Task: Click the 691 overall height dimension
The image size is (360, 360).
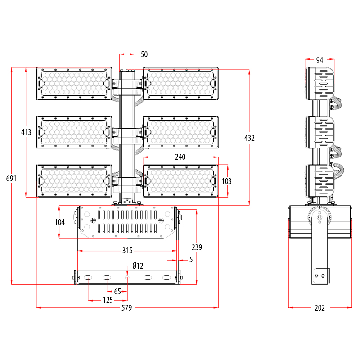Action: (11, 179)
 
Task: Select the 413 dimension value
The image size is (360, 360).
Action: (26, 132)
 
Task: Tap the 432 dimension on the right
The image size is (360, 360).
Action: (249, 138)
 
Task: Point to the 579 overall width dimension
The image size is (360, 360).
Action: (128, 308)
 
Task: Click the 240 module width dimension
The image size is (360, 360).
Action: (180, 157)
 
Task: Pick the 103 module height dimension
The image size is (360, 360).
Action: (227, 181)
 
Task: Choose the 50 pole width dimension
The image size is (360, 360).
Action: (144, 54)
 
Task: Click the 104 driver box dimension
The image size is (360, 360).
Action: (60, 222)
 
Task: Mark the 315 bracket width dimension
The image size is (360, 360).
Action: (127, 251)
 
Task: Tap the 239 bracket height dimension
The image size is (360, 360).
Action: (197, 247)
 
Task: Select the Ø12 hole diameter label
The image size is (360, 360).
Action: (138, 266)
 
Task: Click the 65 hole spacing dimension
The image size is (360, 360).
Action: (117, 292)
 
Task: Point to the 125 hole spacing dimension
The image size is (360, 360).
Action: (108, 300)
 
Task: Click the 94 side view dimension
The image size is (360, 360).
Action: (319, 60)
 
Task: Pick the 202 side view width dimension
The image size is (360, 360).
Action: (319, 308)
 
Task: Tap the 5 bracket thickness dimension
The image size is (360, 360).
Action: (191, 260)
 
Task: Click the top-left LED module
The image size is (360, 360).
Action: (74, 84)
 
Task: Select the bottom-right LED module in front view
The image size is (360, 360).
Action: (180, 181)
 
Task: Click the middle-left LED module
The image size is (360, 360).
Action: (74, 132)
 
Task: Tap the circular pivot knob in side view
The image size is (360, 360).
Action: (319, 219)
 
